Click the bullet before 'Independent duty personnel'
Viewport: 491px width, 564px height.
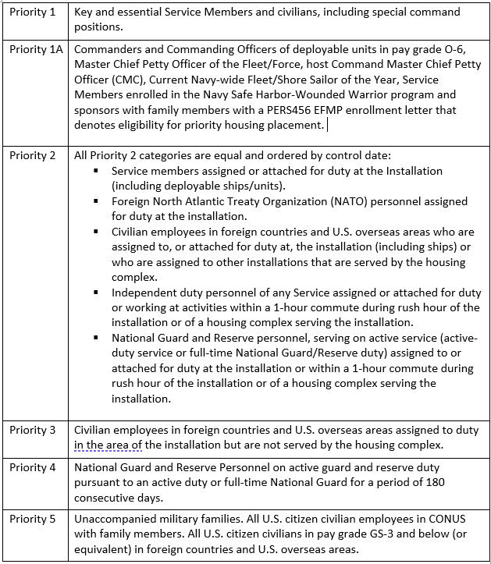tap(96, 293)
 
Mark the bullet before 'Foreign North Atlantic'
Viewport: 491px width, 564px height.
tap(96, 201)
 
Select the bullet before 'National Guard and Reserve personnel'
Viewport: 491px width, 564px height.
tap(96, 339)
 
